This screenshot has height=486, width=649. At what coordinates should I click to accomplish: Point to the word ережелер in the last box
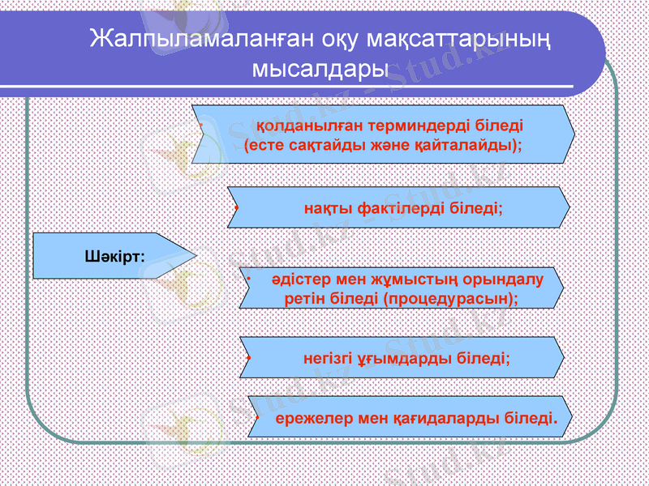(304, 419)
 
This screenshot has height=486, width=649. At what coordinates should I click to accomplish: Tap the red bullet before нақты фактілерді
(234, 208)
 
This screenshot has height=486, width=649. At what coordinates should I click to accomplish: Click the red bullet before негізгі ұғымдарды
(247, 357)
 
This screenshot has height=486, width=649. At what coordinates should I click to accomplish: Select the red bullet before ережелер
(256, 419)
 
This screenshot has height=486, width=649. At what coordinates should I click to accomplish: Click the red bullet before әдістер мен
(250, 279)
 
